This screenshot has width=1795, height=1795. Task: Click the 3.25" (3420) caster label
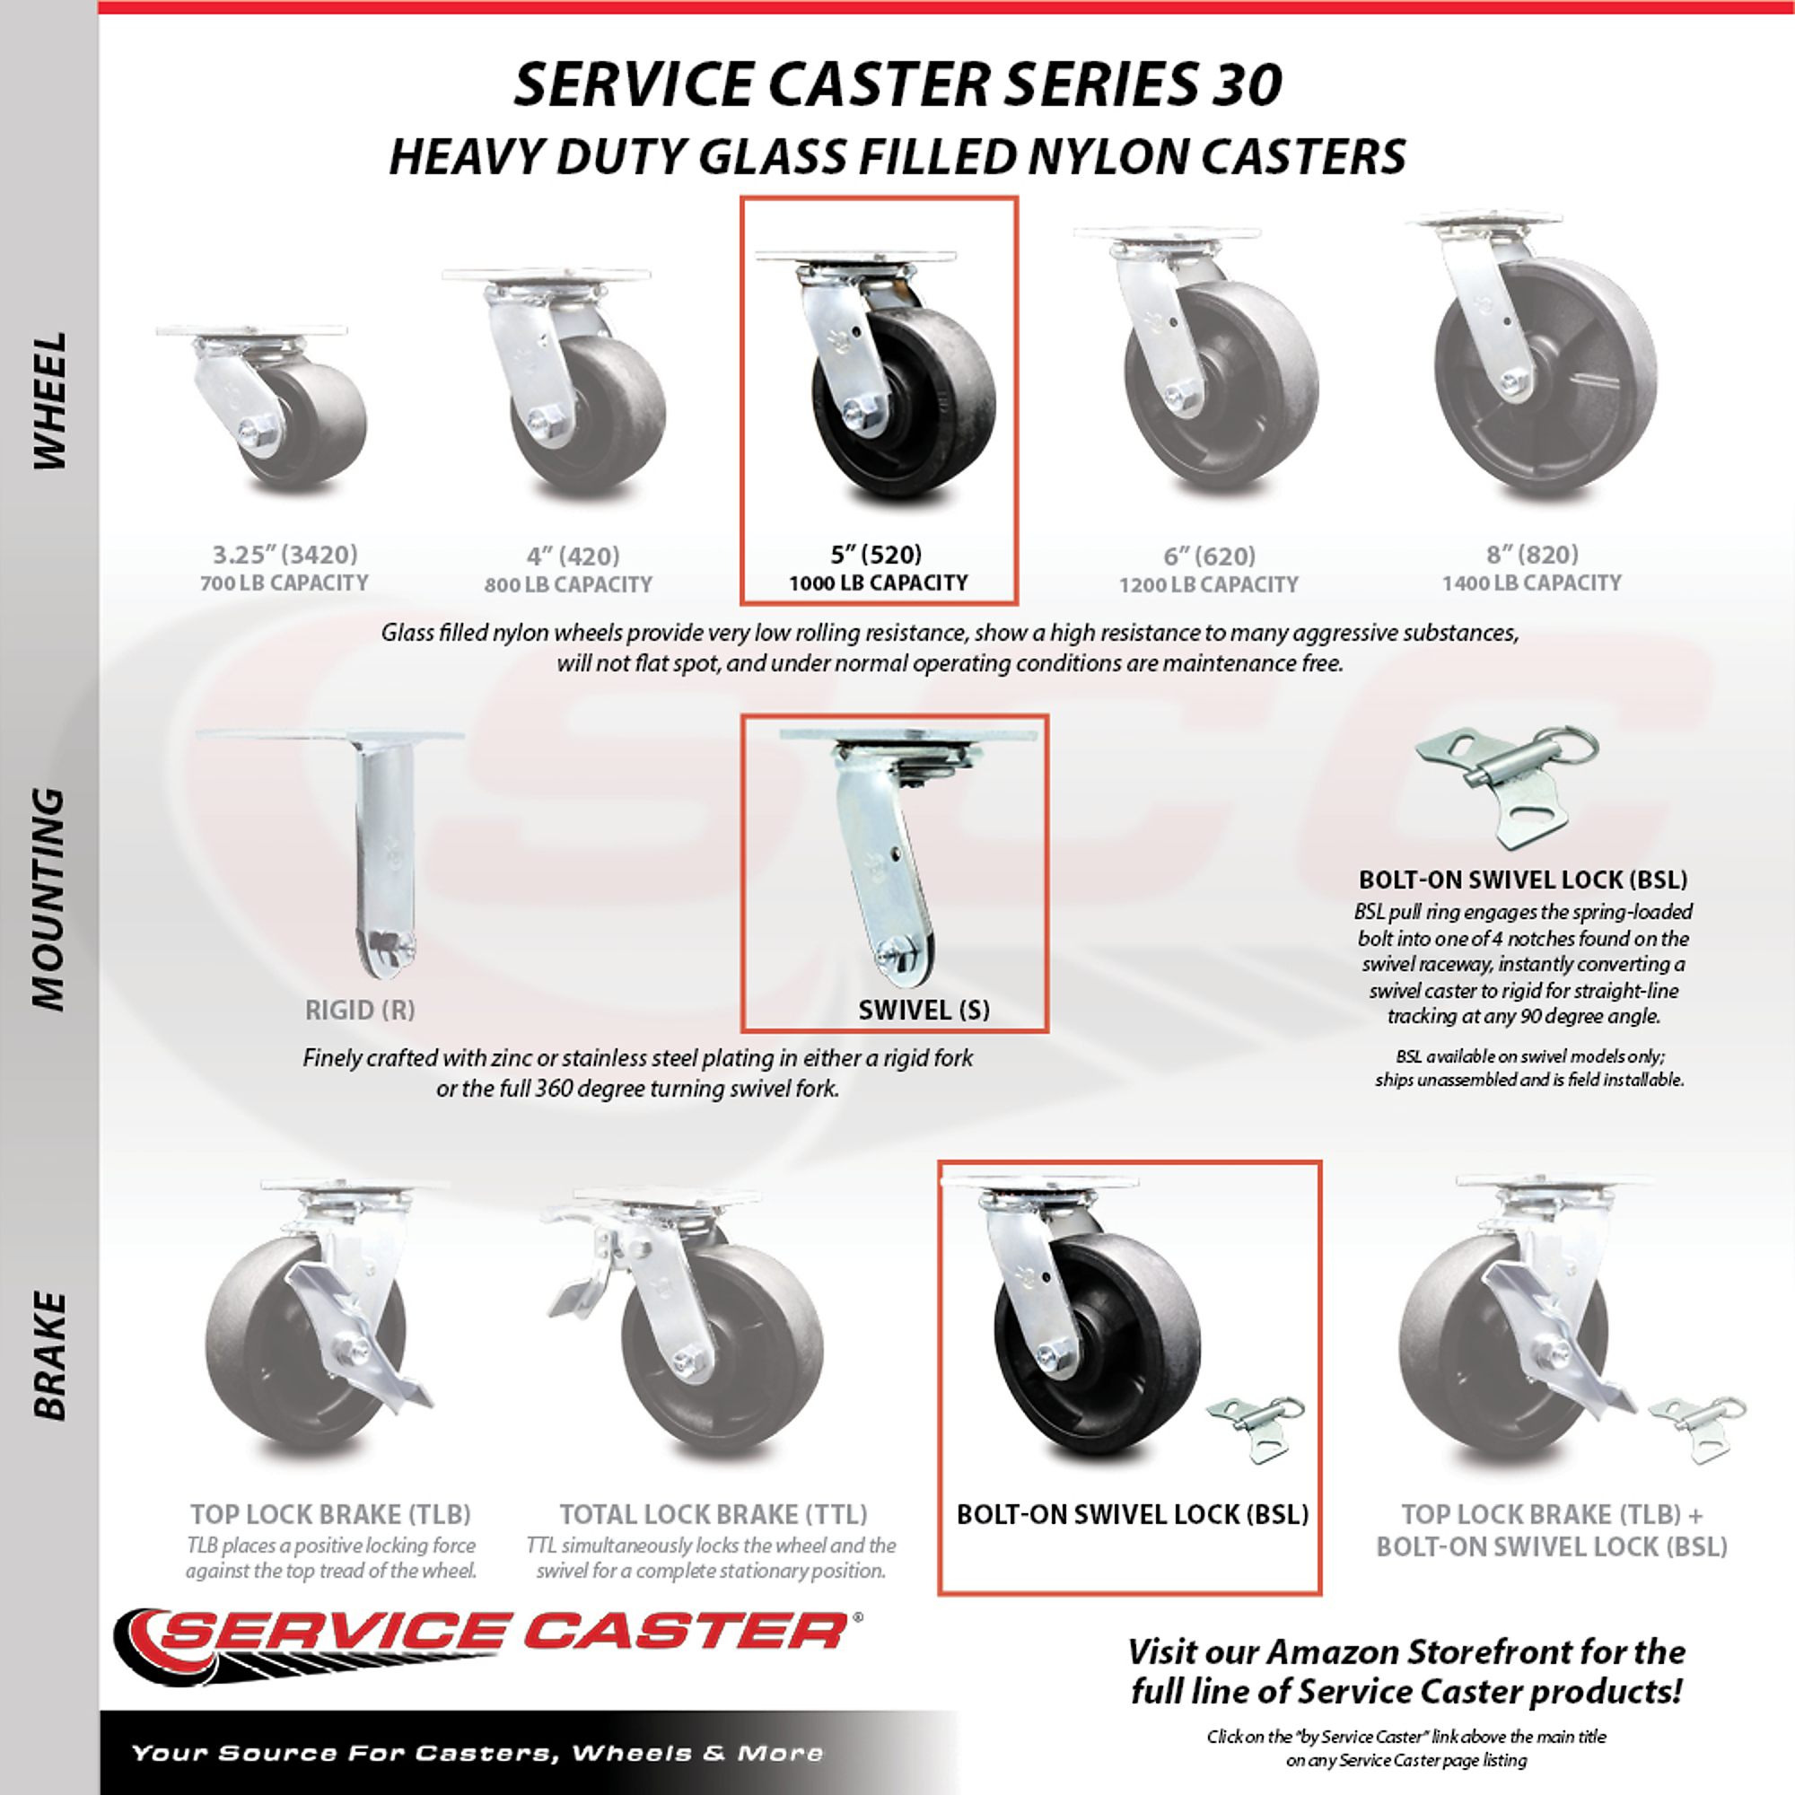pos(285,555)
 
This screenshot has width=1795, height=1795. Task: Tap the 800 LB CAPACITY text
pos(568,584)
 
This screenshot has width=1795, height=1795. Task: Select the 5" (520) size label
pos(876,555)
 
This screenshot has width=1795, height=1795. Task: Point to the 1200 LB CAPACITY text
pos(1209,584)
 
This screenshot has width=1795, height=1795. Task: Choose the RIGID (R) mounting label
pos(360,1010)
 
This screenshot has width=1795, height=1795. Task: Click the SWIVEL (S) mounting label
pos(924,1010)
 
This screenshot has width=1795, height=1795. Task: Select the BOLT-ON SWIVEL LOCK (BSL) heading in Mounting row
pos(1523,879)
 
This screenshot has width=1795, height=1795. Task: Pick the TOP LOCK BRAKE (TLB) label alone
pos(332,1514)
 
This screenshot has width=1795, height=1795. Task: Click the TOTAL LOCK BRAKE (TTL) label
pos(713,1514)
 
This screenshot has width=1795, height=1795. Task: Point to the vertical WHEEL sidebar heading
pos(50,401)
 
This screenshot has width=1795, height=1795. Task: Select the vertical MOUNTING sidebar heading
pos(50,899)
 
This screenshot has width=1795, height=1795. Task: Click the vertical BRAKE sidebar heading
pos(50,1356)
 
